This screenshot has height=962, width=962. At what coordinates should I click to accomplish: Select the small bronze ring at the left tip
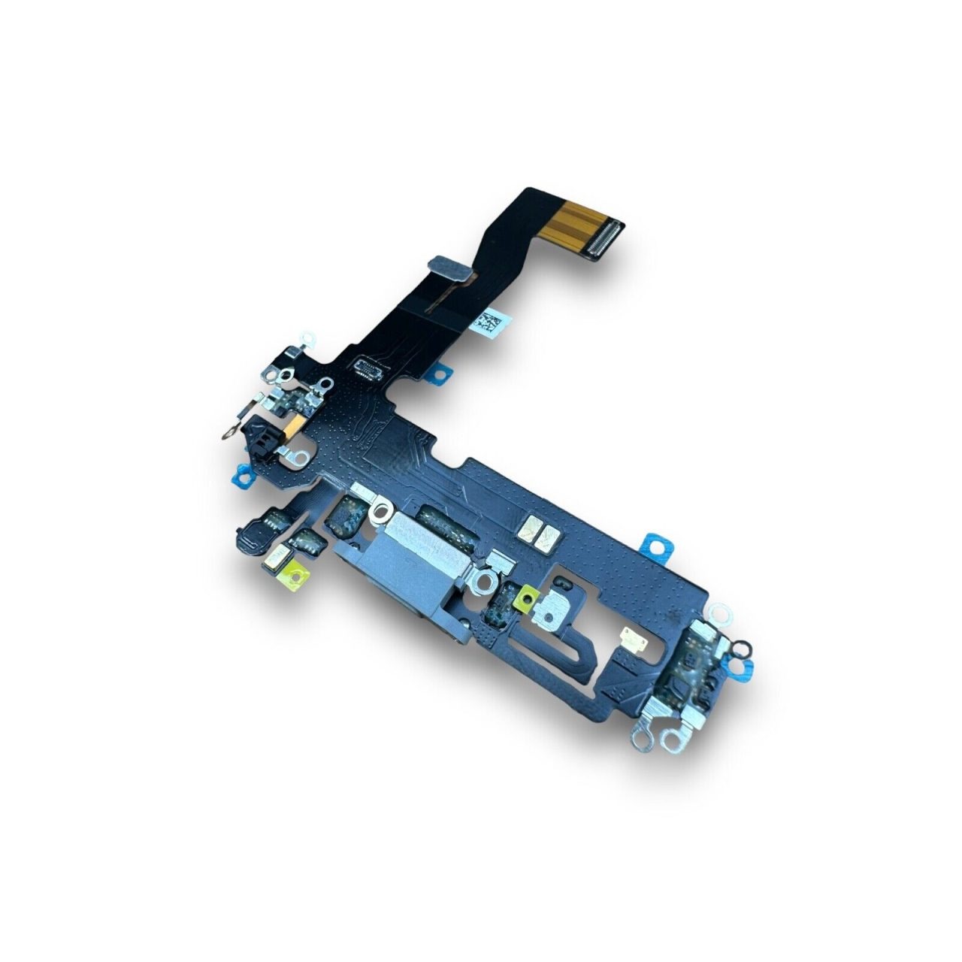click(225, 433)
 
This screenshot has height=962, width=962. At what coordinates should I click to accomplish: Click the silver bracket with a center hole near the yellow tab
click(562, 603)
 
